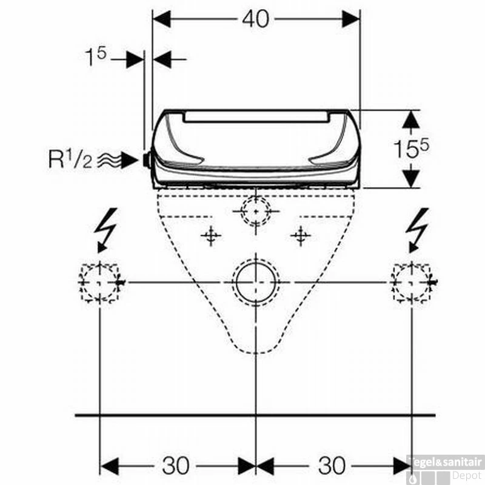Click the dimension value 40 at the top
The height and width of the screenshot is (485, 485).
click(255, 19)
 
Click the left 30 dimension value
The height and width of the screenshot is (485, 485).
click(176, 466)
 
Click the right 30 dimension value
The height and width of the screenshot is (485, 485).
click(332, 466)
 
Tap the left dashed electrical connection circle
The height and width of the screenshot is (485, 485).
click(98, 283)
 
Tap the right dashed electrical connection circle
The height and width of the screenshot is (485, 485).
click(412, 283)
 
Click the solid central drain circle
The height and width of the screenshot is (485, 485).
click(256, 283)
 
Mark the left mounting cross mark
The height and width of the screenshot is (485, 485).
click(210, 235)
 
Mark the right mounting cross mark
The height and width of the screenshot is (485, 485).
click(301, 235)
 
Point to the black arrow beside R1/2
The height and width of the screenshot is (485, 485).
click(129, 160)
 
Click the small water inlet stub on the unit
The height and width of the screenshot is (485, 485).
click(146, 160)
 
